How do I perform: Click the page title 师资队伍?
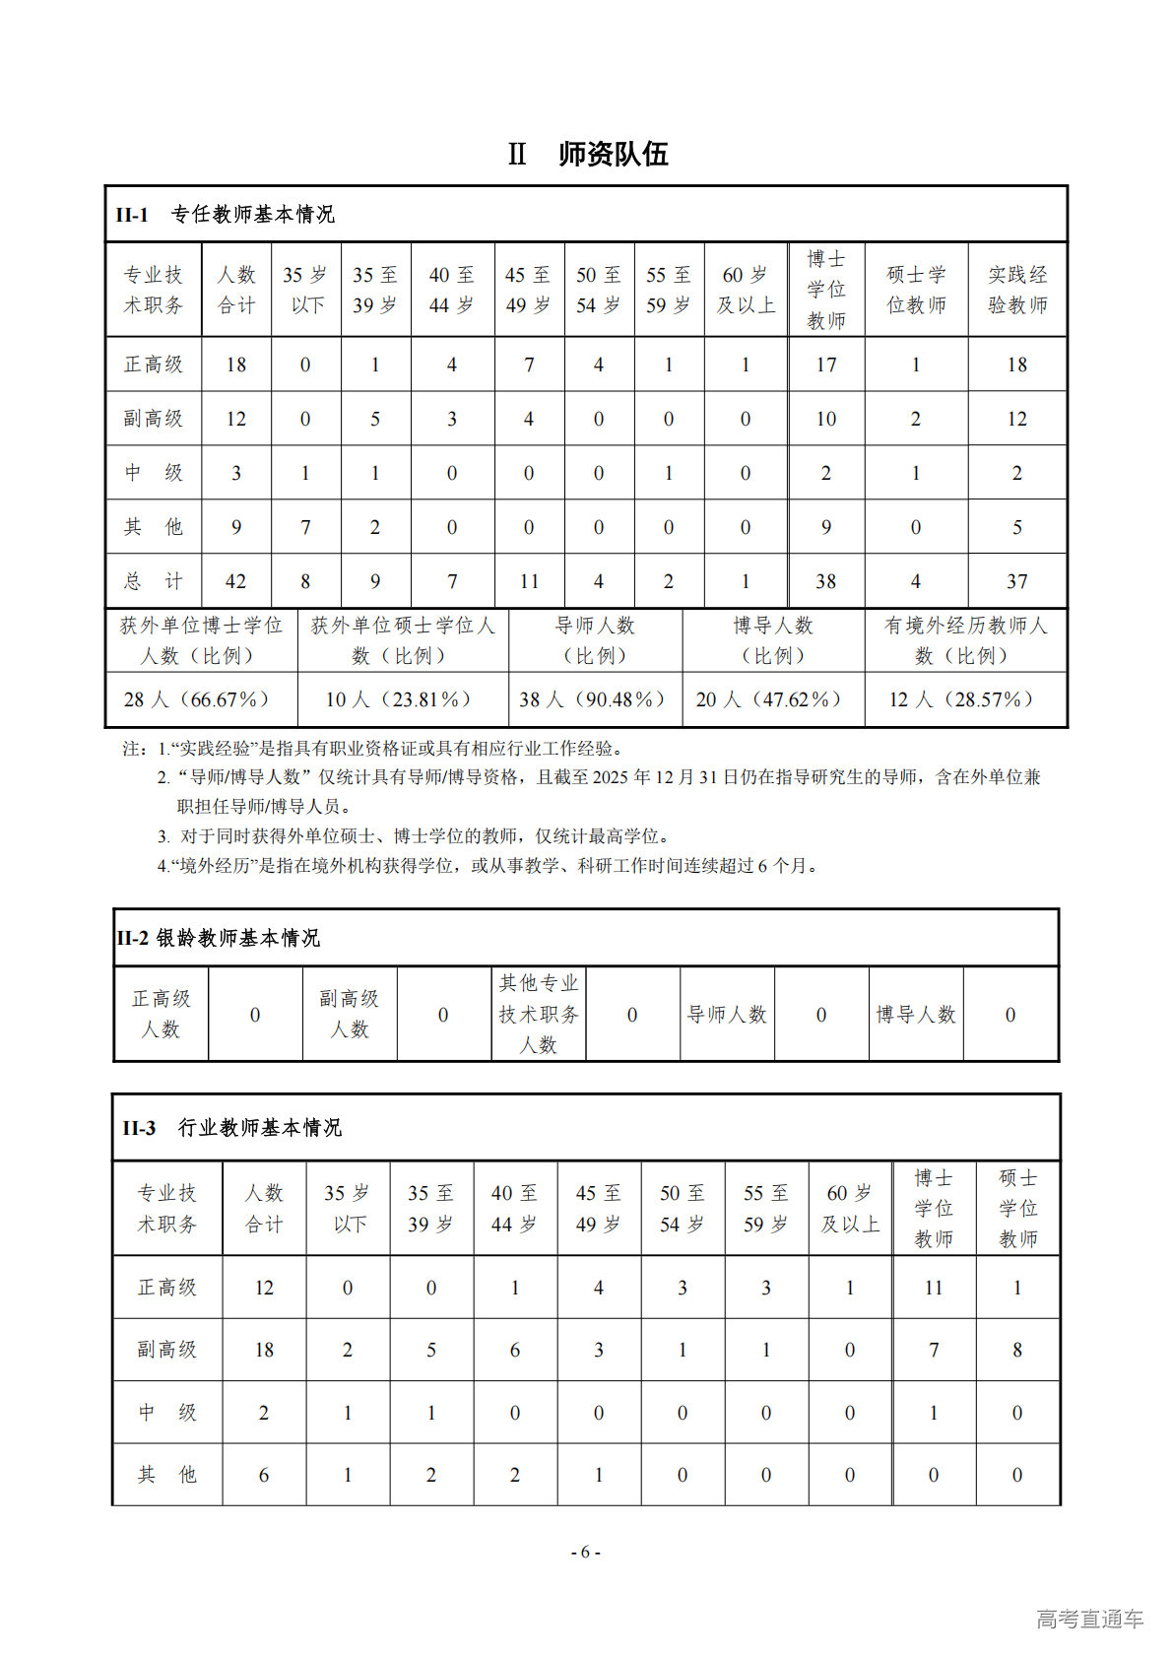tap(613, 154)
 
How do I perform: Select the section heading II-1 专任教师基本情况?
tap(226, 214)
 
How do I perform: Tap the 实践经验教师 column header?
tap(1017, 290)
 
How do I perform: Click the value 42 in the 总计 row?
tap(236, 581)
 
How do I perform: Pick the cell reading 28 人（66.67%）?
tap(196, 699)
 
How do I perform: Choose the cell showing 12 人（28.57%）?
tap(961, 699)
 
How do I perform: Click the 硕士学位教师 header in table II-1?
tap(916, 290)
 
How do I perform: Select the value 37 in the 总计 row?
tap(1017, 581)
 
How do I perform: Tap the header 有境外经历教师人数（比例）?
tap(965, 640)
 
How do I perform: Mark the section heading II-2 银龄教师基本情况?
tap(219, 938)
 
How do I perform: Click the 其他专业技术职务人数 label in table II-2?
tap(539, 1014)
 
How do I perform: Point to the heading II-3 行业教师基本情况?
tap(232, 1128)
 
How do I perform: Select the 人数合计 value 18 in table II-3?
tap(264, 1350)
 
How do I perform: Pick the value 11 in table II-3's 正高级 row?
tap(934, 1288)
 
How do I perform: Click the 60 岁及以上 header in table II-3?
tap(850, 1209)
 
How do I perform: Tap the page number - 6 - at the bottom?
tap(586, 1552)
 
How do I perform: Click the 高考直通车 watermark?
tap(1089, 1619)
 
